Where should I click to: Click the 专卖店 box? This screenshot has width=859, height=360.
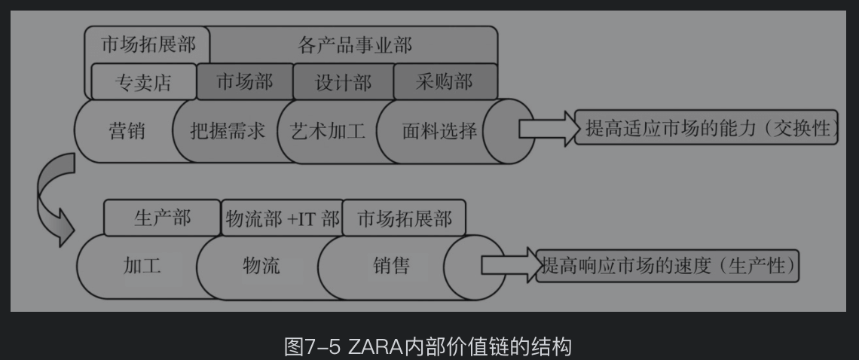[x=142, y=82]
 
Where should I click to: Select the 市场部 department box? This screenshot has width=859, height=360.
[x=244, y=81]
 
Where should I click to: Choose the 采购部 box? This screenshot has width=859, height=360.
[x=445, y=81]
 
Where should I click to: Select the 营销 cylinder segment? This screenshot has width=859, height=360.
[x=127, y=131]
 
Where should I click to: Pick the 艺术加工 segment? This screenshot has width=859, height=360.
[x=327, y=131]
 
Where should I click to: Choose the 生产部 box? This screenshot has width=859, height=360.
[x=162, y=218]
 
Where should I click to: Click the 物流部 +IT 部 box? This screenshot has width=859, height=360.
[x=283, y=219]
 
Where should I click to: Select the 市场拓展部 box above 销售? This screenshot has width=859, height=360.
[x=404, y=218]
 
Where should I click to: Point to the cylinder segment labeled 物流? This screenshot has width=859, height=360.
[x=261, y=266]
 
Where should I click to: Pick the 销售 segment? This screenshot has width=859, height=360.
[x=391, y=266]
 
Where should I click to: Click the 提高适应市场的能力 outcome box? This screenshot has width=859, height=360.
[x=707, y=129]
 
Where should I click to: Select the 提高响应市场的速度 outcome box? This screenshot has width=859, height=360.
[x=668, y=266]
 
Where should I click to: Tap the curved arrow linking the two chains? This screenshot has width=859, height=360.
[x=54, y=197]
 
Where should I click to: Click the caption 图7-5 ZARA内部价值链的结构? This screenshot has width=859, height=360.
[x=428, y=346]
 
